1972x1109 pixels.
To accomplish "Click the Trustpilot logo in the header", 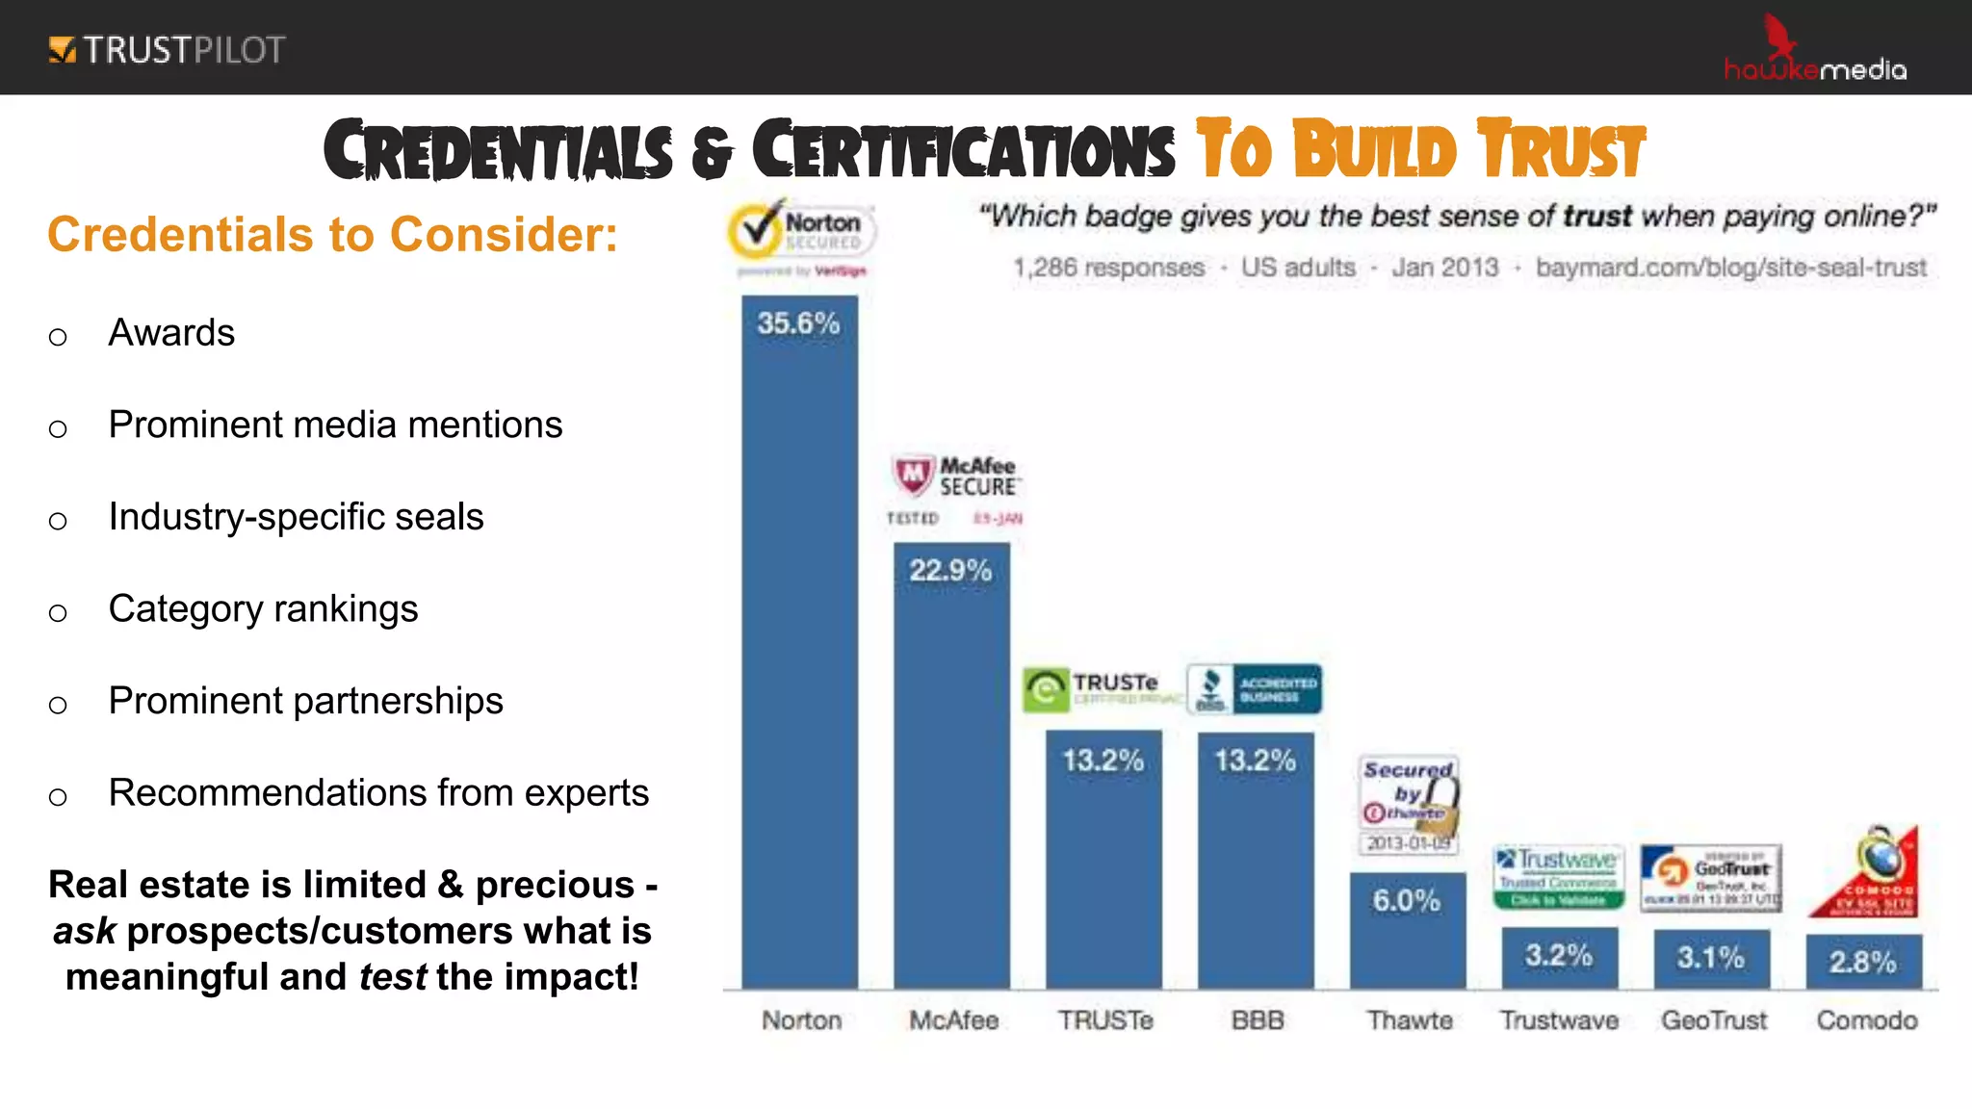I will tap(167, 49).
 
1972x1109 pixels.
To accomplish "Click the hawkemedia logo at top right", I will tap(1814, 53).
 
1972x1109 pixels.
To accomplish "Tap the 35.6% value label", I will tap(798, 323).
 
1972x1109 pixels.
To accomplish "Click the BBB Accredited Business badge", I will tap(1254, 688).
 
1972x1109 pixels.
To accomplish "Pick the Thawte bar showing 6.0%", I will tap(1407, 930).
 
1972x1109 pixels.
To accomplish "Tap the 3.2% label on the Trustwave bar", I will tap(1558, 955).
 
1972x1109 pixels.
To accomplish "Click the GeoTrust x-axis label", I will tap(1713, 1019).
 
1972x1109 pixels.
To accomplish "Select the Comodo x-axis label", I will tap(1866, 1019).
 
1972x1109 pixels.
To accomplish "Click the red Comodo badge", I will tap(1868, 873).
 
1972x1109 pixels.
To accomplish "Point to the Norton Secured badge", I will tap(800, 236).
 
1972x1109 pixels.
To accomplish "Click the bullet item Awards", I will tap(171, 333).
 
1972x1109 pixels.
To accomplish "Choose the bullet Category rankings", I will tap(263, 608).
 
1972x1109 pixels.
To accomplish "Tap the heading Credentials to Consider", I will tap(332, 235).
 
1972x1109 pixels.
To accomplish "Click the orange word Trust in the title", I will tap(1562, 150).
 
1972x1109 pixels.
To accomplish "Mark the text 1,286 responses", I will tap(1108, 268).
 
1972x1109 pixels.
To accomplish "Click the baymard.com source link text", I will tap(1730, 268).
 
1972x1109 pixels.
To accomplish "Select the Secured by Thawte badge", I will tap(1409, 805).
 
